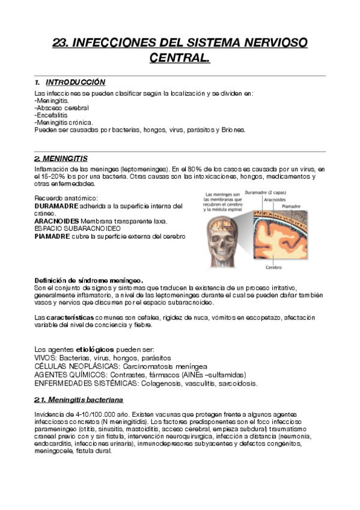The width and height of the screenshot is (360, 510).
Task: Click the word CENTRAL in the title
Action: click(x=180, y=58)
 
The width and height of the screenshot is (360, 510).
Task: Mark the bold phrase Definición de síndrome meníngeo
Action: click(x=89, y=280)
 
